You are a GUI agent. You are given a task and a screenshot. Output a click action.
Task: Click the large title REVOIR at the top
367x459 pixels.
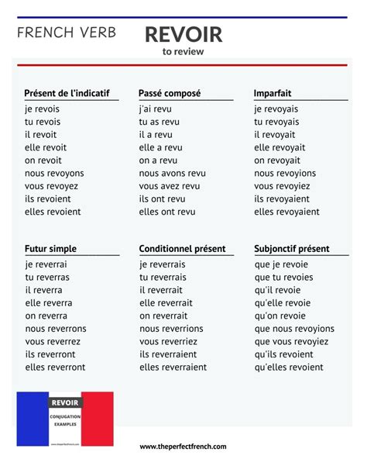point(183,34)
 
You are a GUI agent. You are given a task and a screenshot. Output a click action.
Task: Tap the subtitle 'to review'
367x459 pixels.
point(183,53)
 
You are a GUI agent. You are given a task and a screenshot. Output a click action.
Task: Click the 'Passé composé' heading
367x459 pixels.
point(170,93)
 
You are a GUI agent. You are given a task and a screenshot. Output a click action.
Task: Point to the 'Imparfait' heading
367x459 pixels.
point(273,93)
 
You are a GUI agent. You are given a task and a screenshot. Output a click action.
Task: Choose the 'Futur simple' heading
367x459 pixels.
point(50,249)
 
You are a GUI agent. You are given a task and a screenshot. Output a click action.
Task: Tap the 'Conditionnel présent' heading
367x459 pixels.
point(182,249)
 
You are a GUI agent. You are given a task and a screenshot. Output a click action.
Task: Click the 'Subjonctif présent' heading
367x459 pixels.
point(291,249)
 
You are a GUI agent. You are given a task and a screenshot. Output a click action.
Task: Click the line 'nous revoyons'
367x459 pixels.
point(54,173)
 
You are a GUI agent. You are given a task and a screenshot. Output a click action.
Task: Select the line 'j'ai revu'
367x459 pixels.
point(156,109)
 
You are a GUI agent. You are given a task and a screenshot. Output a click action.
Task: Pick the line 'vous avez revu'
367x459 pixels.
point(169,186)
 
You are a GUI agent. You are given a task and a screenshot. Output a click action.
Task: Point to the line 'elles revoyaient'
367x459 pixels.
point(286,212)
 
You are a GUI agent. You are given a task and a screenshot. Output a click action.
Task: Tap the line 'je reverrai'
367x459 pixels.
point(46,264)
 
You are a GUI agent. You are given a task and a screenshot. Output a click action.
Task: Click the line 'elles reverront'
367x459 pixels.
point(55,367)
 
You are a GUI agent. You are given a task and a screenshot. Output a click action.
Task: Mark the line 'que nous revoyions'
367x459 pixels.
point(294,329)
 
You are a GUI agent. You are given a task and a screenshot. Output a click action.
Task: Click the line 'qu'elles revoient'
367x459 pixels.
point(289,367)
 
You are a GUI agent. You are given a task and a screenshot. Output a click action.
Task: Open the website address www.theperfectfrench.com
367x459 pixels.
point(183,447)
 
